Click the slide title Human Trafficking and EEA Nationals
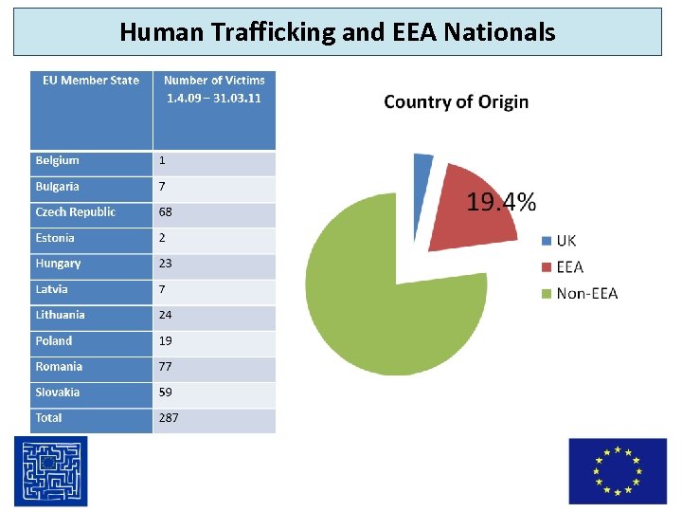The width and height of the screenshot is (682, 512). click(x=337, y=32)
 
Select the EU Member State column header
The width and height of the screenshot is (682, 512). click(x=91, y=81)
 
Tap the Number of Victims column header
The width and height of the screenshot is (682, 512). click(x=214, y=88)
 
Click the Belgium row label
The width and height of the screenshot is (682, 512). click(x=58, y=160)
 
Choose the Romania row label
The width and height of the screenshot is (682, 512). click(x=59, y=366)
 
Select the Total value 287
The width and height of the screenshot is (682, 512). click(x=169, y=417)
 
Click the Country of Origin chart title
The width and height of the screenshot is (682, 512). click(x=456, y=102)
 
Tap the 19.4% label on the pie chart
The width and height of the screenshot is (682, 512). click(x=501, y=201)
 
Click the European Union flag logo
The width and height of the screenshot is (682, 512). click(x=617, y=471)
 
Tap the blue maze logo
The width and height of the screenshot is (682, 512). click(x=50, y=471)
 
